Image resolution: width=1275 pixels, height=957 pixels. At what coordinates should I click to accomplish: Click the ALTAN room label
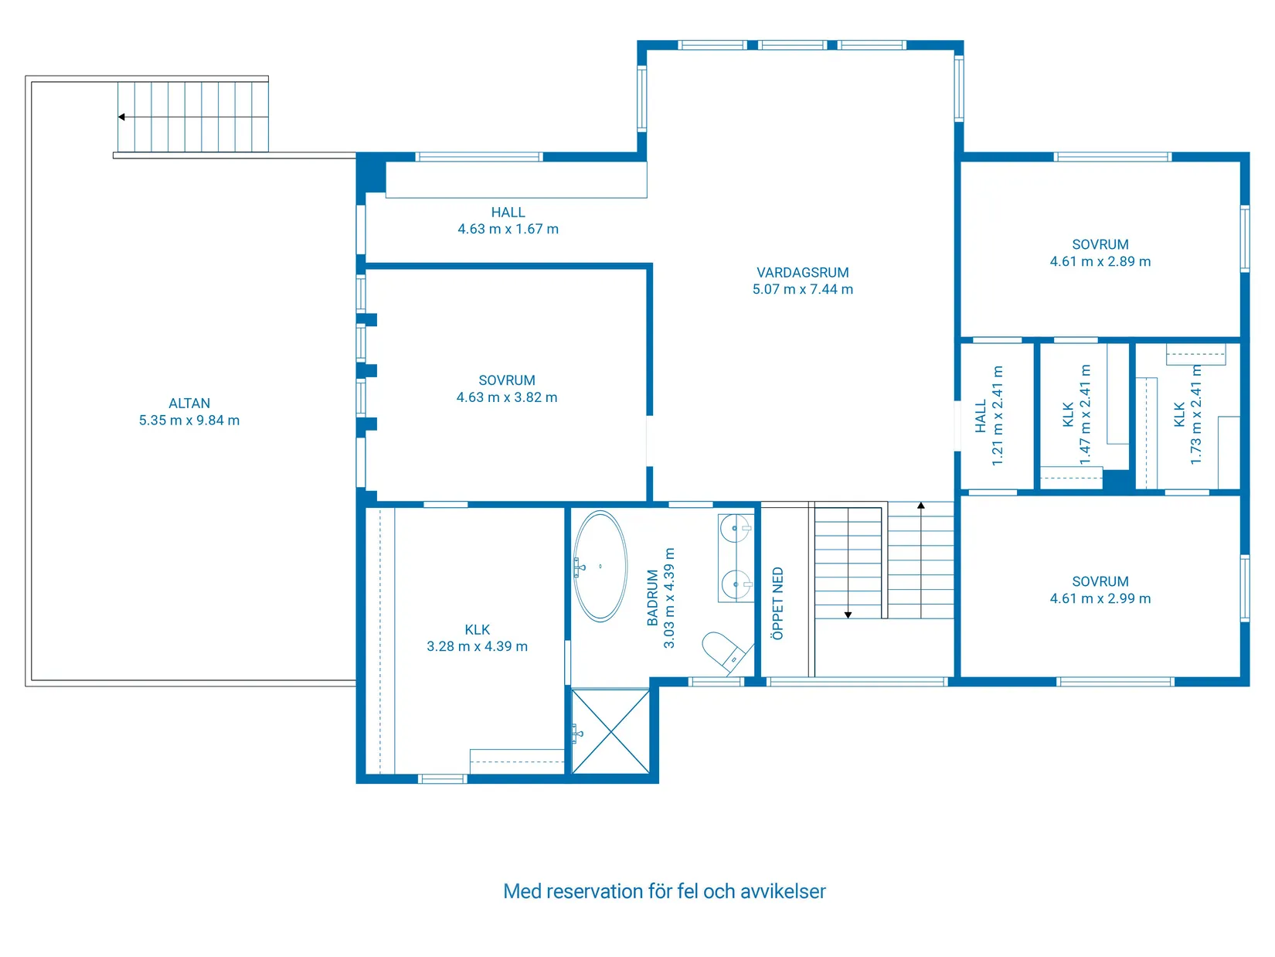[x=189, y=404]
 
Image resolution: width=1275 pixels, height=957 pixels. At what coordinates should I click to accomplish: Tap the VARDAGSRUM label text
[x=802, y=273]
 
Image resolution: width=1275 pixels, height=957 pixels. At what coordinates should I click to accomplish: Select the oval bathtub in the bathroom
[x=600, y=566]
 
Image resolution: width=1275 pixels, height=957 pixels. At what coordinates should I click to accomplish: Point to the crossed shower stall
[x=610, y=731]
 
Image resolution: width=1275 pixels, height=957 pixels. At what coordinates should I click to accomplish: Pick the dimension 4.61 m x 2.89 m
[x=1100, y=261]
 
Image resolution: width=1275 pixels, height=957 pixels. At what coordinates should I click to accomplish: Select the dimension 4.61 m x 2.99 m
[x=1100, y=598]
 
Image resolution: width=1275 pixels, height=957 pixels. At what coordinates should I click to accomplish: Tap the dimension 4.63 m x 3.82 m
[x=506, y=397]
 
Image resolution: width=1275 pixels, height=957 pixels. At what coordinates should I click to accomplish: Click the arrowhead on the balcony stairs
[x=121, y=117]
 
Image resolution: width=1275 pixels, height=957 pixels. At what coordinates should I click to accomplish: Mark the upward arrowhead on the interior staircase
[x=920, y=506]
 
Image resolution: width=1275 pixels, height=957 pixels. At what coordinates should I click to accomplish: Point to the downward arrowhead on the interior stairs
[x=848, y=615]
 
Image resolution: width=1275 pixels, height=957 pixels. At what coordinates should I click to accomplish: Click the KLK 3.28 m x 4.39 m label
[x=477, y=638]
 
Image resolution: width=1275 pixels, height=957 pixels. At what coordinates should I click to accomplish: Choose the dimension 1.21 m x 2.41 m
[x=997, y=415]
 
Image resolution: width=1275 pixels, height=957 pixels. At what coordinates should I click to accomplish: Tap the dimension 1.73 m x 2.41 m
[x=1195, y=414]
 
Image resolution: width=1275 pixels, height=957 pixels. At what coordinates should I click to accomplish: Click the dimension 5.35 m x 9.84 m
[x=189, y=420]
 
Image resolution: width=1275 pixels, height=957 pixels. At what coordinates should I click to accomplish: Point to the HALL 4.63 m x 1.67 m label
[x=508, y=221]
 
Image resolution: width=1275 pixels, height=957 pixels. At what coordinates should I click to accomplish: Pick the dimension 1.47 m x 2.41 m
[x=1084, y=414]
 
